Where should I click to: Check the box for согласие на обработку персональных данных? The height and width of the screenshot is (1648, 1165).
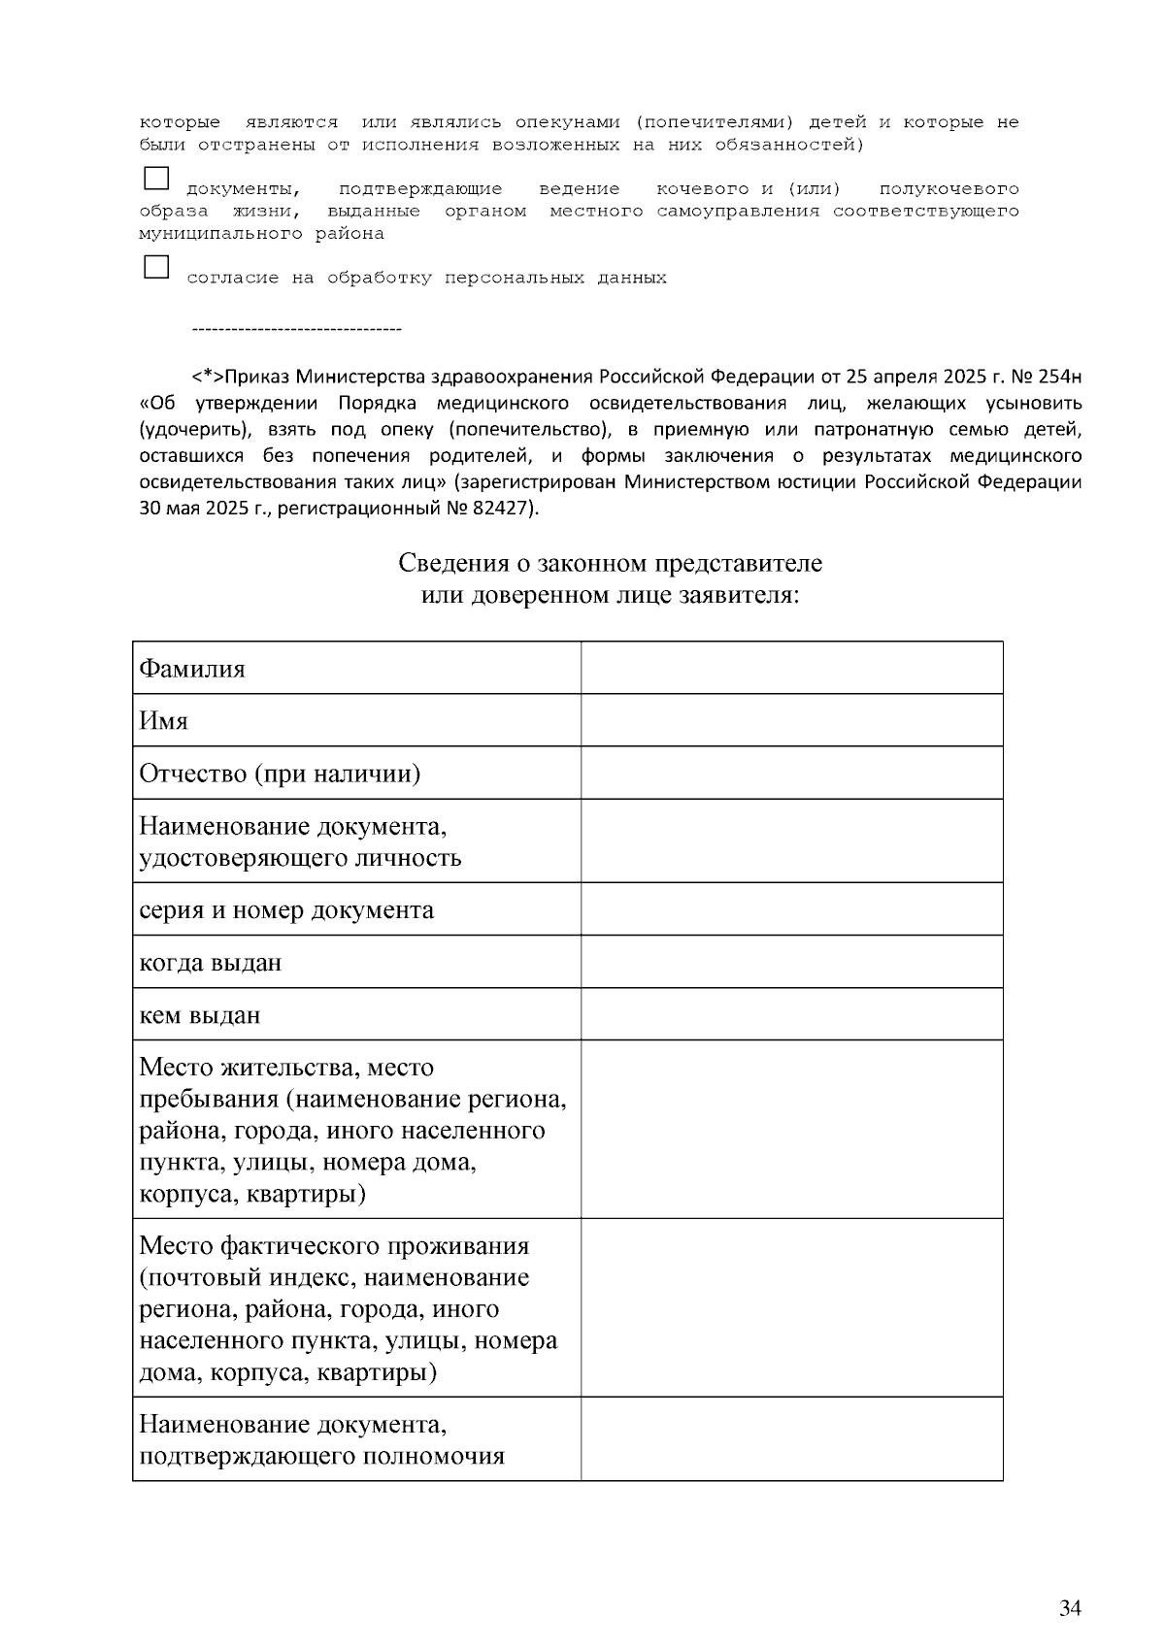pos(155,267)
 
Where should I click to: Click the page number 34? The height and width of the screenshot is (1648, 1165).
pos(1070,1608)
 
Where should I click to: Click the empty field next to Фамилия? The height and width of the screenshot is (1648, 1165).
pos(791,668)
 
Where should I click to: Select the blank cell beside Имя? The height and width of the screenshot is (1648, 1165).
pos(791,720)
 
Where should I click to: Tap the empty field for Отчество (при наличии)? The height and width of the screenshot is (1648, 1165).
pos(791,773)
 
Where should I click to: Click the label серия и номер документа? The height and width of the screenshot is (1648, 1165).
pos(286,909)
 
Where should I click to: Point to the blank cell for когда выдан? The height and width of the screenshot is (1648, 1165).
pos(791,962)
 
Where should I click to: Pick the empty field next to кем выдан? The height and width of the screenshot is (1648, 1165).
pos(791,1014)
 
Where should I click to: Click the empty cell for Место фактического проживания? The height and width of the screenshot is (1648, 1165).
pos(791,1307)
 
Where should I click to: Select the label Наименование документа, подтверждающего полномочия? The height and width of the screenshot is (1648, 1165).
pos(321,1439)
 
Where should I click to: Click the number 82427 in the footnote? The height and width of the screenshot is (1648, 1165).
pos(502,509)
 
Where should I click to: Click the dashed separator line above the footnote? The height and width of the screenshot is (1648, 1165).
pos(297,331)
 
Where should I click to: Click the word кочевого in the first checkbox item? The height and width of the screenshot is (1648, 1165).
pos(701,188)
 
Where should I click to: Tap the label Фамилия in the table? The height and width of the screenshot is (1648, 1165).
pos(192,669)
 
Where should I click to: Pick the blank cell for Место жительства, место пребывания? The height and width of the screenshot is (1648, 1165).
pos(791,1129)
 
